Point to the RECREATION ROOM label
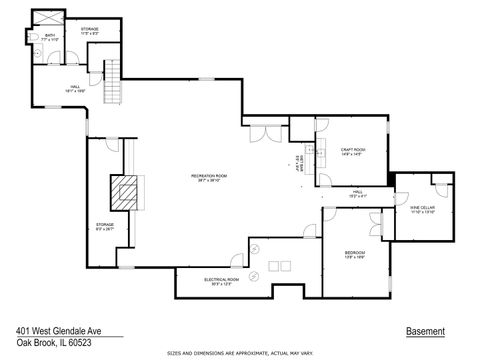click(210, 178)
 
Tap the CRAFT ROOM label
click(349, 151)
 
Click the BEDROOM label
click(354, 254)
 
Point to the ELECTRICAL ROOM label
click(220, 281)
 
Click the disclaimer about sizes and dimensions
click(239, 352)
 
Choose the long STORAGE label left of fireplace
click(105, 227)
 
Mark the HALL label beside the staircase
click(74, 89)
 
